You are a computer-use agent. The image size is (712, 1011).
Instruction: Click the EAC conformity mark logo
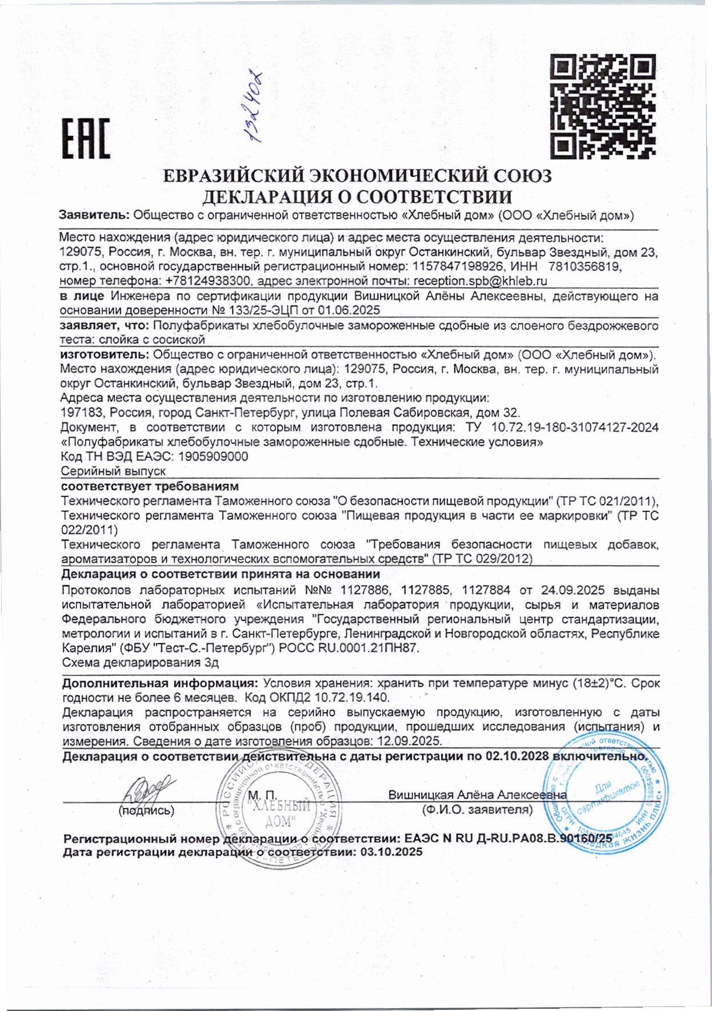pyautogui.click(x=85, y=139)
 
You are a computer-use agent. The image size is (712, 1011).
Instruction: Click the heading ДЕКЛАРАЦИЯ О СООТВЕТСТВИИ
pyautogui.click(x=358, y=196)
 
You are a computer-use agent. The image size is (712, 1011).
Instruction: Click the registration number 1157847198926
pyautogui.click(x=457, y=266)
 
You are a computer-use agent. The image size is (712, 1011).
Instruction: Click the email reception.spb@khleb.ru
pyautogui.click(x=480, y=281)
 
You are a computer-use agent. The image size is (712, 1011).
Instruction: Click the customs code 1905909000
pyautogui.click(x=213, y=457)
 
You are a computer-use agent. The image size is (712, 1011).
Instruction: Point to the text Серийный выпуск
pyautogui.click(x=113, y=471)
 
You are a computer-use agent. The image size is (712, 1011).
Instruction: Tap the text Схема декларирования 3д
pyautogui.click(x=140, y=663)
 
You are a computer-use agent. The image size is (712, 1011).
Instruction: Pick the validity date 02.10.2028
pyautogui.click(x=517, y=756)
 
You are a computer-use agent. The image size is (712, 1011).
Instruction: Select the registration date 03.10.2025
pyautogui.click(x=390, y=852)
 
